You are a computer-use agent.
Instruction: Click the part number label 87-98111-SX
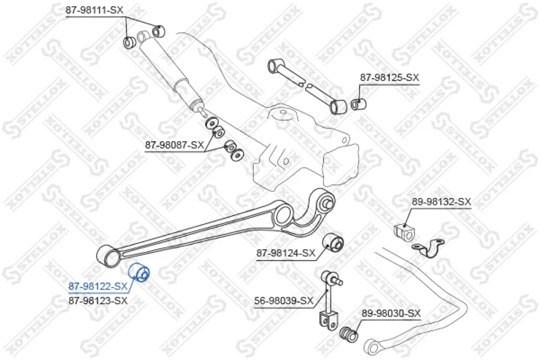pyautogui.click(x=94, y=10)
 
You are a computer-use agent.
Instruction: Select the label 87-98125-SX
pyautogui.click(x=389, y=78)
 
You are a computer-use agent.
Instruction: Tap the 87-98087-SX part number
pyautogui.click(x=174, y=145)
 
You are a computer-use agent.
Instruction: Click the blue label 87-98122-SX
pyautogui.click(x=98, y=286)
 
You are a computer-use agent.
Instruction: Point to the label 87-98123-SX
pyautogui.click(x=98, y=301)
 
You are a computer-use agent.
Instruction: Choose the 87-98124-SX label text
pyautogui.click(x=286, y=253)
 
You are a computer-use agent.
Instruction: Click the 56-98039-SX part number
pyautogui.click(x=283, y=301)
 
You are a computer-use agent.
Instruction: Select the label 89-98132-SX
pyautogui.click(x=441, y=202)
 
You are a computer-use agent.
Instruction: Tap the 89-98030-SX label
pyautogui.click(x=391, y=313)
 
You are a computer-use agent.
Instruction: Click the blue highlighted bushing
pyautogui.click(x=139, y=272)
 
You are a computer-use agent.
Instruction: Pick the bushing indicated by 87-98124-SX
pyautogui.click(x=333, y=242)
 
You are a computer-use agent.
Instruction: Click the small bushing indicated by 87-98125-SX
pyautogui.click(x=358, y=103)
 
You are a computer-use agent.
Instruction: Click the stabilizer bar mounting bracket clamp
pyautogui.click(x=429, y=248)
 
